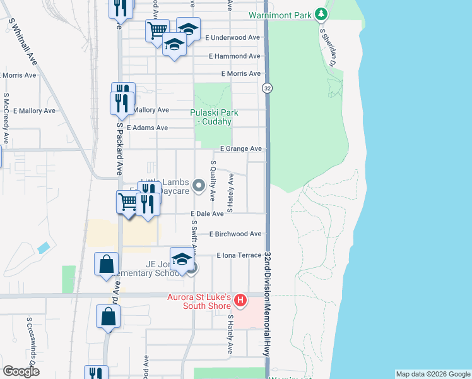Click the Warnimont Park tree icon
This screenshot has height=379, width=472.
[322, 14]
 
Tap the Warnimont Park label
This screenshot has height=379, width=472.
[281, 15]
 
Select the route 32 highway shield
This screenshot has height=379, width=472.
[268, 88]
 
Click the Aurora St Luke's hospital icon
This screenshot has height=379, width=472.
[240, 299]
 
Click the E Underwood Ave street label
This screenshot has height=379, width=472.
[233, 38]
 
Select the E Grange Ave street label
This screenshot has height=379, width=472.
[240, 149]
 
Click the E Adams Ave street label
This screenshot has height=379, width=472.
[147, 128]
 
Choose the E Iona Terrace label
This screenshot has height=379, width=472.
[239, 255]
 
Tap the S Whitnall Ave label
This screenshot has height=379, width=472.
[23, 40]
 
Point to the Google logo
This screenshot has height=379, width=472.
[21, 371]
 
